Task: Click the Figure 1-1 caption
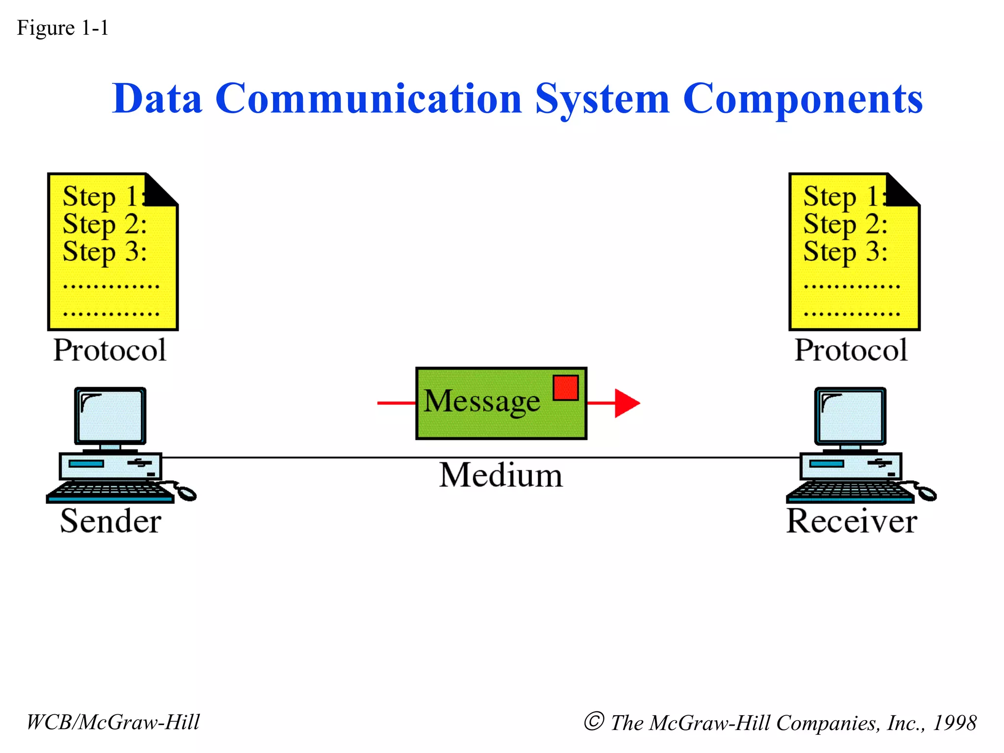[x=63, y=28]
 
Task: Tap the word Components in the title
[x=803, y=100]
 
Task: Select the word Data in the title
[x=157, y=99]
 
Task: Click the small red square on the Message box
[x=566, y=388]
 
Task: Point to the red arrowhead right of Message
[x=627, y=403]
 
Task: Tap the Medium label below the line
[x=501, y=475]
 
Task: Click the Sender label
[x=111, y=521]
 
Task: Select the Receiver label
[x=852, y=521]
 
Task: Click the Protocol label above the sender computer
[x=110, y=350]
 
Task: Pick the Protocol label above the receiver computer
[x=851, y=350]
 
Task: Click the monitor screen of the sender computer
[x=110, y=416]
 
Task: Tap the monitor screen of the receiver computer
[x=851, y=416]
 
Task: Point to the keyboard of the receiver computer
[x=849, y=492]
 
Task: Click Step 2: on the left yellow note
[x=104, y=225]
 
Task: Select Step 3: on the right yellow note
[x=845, y=252]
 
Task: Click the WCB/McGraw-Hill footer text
[x=113, y=722]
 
